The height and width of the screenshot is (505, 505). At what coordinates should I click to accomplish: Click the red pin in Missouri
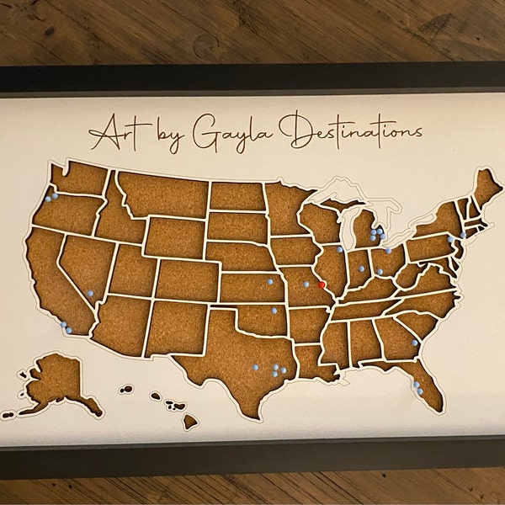click(x=322, y=284)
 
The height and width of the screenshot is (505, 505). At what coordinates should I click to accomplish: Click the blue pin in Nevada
click(x=90, y=293)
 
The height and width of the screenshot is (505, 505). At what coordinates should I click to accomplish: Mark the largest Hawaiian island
click(x=190, y=417)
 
